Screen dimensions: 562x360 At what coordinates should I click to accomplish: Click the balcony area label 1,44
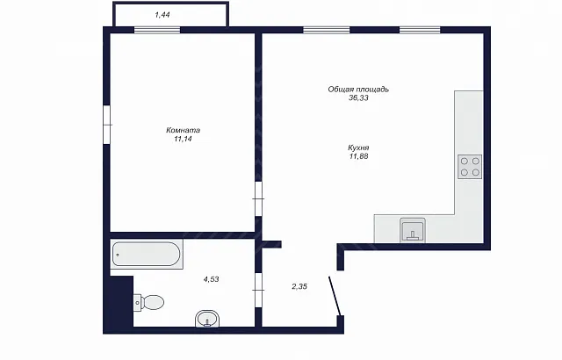click(x=162, y=15)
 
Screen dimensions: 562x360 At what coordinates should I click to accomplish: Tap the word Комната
click(x=183, y=130)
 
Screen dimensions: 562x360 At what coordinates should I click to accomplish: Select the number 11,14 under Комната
click(x=183, y=139)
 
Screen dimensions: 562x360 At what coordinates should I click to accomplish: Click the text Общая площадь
click(x=358, y=90)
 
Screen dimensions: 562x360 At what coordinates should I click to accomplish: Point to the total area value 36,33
click(x=358, y=97)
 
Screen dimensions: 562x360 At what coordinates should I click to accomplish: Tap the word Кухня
click(x=358, y=148)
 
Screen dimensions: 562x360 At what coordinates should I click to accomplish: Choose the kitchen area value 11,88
click(x=358, y=156)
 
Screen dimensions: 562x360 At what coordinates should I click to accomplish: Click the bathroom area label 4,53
click(x=211, y=279)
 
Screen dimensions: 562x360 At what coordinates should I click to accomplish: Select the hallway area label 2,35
click(x=299, y=286)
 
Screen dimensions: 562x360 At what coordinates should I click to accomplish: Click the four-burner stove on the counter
click(x=470, y=167)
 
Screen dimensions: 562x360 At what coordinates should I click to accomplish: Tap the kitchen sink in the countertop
click(x=413, y=230)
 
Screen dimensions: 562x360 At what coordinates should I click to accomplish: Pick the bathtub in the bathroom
click(x=147, y=254)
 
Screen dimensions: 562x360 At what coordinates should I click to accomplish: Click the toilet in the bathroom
click(x=148, y=302)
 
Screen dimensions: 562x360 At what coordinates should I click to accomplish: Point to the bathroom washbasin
click(x=207, y=319)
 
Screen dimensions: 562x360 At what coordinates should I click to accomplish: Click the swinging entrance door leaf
click(x=335, y=296)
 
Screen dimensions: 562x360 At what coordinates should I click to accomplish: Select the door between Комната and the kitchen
click(x=258, y=198)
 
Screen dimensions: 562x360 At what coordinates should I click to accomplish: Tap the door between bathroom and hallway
click(x=258, y=290)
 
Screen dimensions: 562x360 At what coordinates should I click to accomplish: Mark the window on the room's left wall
click(x=107, y=125)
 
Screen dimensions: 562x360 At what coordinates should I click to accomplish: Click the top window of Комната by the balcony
click(x=157, y=30)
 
